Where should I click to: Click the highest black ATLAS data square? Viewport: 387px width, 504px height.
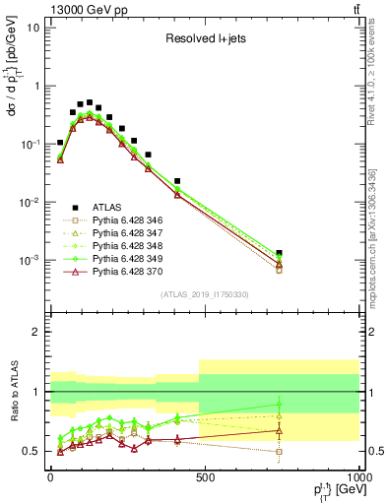pyautogui.click(x=90, y=102)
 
